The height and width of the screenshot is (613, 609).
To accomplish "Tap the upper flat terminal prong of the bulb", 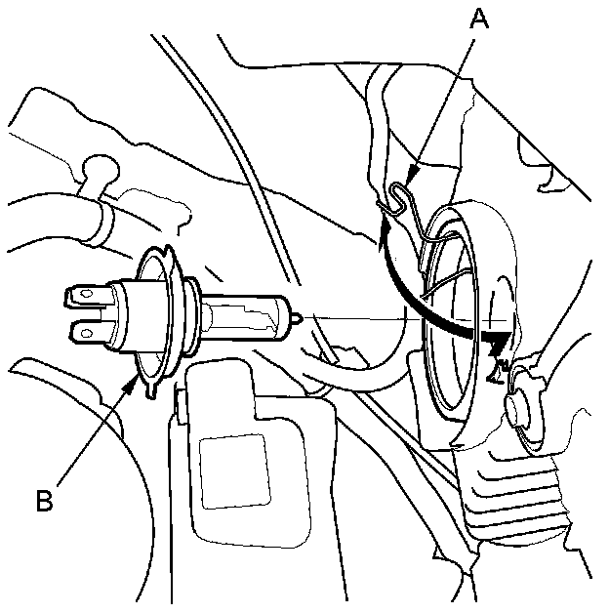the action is coord(85,293).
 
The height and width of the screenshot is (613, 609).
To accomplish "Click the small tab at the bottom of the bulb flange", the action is coord(149,392).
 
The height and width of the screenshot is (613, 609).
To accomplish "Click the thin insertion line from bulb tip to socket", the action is coord(371,316).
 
